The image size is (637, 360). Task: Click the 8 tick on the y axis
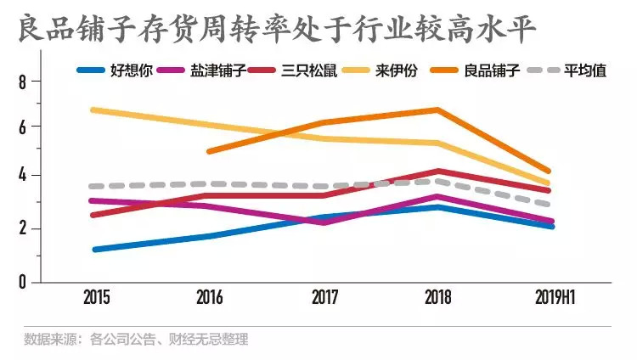[x=23, y=82]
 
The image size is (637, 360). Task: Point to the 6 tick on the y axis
[x=23, y=127]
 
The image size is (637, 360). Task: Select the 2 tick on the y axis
[x=23, y=228]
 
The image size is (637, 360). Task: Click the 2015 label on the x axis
[x=96, y=298]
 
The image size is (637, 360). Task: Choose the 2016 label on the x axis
[x=210, y=298]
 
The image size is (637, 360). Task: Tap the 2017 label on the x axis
[x=324, y=298]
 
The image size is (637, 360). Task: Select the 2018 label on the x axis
[x=437, y=298]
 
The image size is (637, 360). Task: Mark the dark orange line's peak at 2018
[x=437, y=110]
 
